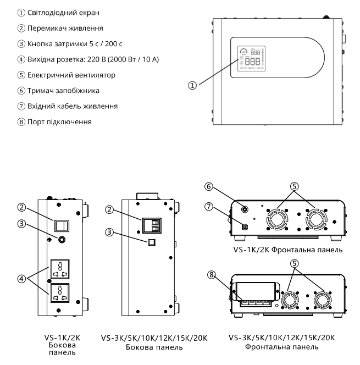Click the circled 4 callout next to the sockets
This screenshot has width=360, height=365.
coord(20,278)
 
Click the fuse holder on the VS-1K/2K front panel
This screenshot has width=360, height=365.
coord(243,208)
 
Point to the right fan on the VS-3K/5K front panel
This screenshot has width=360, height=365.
coord(323,301)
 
